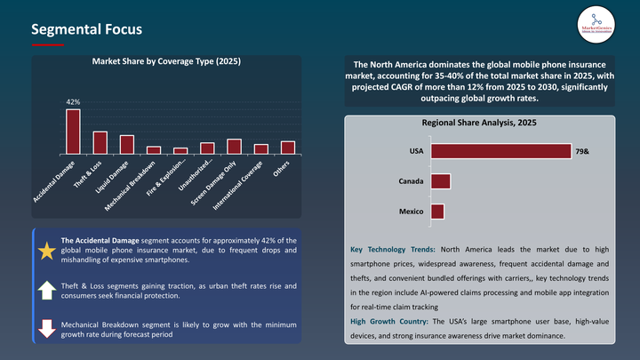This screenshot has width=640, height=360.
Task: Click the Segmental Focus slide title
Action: coord(86,29)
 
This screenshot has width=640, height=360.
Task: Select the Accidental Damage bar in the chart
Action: coord(73,132)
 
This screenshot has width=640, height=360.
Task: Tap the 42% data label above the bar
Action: coord(73,102)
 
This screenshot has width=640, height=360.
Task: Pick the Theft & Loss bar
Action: coord(100,142)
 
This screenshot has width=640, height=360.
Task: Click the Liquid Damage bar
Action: coord(126,144)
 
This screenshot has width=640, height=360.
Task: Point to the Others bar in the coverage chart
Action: coord(288,148)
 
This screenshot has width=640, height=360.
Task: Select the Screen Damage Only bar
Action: coord(234,147)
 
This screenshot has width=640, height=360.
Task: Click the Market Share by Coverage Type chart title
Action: coord(166,61)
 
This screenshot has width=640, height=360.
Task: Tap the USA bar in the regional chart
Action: coord(500,152)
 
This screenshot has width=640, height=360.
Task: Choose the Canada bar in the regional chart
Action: coord(440,181)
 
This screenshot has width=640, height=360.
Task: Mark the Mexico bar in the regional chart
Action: coord(436,212)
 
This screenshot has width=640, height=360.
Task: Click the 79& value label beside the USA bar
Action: coord(582,152)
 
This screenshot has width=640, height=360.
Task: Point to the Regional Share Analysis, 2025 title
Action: coord(479,123)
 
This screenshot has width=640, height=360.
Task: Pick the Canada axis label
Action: coord(410,181)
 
